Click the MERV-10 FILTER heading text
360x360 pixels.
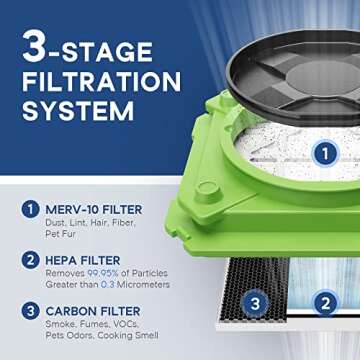[x=93, y=208]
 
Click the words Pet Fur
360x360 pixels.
[x=61, y=234]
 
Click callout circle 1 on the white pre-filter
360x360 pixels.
[x=323, y=153]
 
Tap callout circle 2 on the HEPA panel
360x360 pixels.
[x=323, y=303]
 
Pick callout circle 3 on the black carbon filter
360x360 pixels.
[x=256, y=303]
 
